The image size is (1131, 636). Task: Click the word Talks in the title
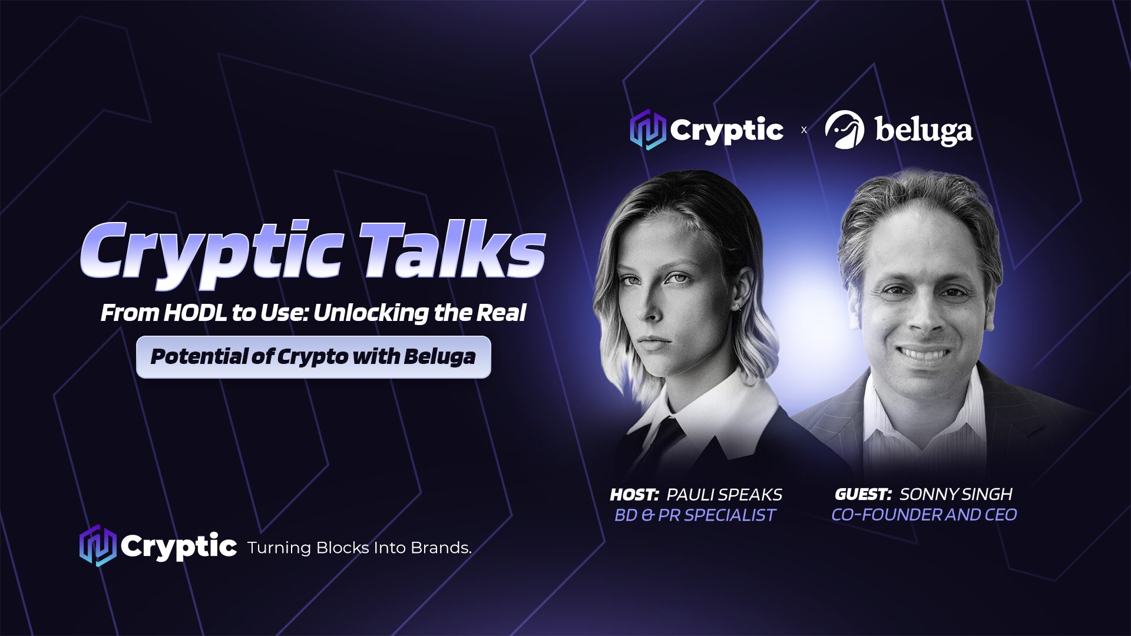point(452,250)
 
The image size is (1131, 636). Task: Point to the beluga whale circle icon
point(844,130)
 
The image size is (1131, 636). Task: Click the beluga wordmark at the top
point(924,131)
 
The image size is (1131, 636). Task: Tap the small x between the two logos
point(804,130)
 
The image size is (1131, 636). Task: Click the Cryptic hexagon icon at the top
point(647,129)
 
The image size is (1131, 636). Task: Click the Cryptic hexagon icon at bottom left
point(98,545)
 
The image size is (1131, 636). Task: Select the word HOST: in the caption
point(634,495)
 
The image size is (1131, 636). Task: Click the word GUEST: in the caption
point(863,494)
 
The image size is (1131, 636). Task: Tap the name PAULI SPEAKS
point(724,495)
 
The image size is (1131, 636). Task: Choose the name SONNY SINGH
point(956,494)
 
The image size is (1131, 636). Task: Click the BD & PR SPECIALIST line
point(695,515)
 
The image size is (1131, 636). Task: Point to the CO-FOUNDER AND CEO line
point(924,515)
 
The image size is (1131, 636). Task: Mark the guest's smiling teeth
point(923,354)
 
